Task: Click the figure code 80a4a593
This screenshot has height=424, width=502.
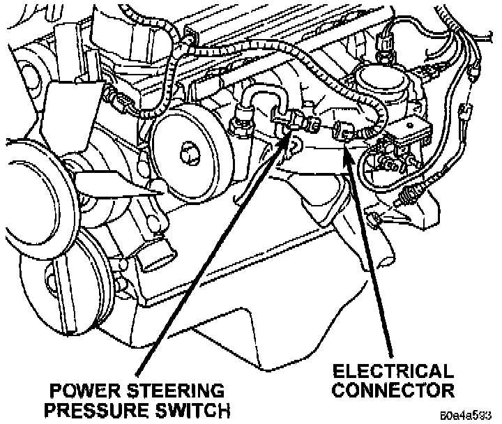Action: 472,417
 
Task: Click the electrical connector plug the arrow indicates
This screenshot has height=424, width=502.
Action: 344,129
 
